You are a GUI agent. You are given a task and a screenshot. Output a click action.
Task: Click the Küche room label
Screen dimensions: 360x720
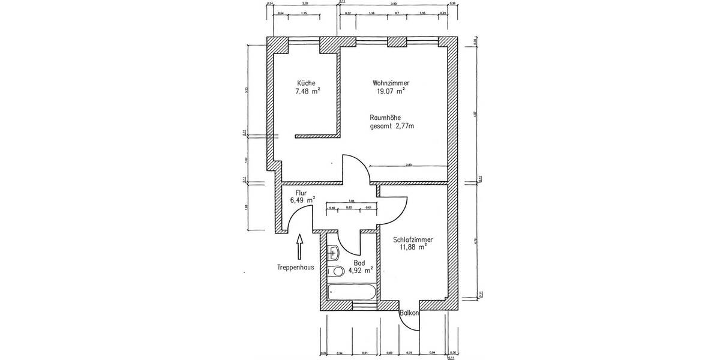306,83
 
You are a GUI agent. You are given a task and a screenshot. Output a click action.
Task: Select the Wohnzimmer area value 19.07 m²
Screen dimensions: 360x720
388,91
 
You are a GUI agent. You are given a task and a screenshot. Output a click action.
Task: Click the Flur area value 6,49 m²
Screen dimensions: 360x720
302,200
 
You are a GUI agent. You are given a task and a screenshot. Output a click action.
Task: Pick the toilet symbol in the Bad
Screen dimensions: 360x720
337,271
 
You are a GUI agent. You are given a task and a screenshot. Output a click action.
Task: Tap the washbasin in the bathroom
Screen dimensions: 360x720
335,253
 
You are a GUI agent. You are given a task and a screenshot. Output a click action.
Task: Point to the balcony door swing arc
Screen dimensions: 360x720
413,324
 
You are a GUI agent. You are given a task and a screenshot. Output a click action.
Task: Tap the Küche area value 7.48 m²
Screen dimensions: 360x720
307,91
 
